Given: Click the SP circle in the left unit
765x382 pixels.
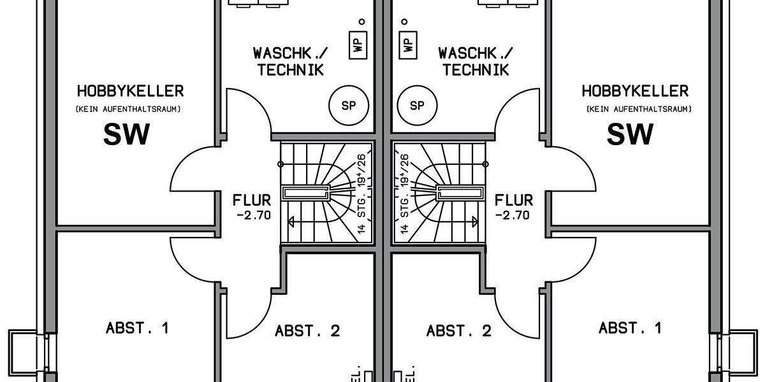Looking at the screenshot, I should [349, 105].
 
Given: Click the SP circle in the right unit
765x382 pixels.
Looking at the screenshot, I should [417, 105].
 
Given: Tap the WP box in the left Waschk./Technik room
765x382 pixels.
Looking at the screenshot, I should [358, 44].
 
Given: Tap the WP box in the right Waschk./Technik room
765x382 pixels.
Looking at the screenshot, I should [407, 44].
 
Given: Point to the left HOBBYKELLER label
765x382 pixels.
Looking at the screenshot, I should [130, 90].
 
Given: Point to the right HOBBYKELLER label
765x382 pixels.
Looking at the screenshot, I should [635, 90].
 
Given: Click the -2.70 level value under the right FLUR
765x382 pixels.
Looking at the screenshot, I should [513, 215].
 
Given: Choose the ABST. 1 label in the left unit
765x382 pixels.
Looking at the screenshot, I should [137, 329].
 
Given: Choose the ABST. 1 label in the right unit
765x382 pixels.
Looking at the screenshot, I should [630, 329].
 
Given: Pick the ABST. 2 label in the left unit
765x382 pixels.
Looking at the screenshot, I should [307, 331].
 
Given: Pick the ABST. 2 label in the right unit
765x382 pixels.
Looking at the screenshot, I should [459, 331].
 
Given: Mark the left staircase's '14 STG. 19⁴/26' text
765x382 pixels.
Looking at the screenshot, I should [361, 194].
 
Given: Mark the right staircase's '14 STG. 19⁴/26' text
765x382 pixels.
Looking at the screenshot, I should [404, 194].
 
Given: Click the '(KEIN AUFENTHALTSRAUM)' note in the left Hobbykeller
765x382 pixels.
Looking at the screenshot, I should [128, 110].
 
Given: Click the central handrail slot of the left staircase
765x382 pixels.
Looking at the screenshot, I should [305, 192].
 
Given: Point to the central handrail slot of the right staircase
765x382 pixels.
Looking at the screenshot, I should [460, 192].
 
